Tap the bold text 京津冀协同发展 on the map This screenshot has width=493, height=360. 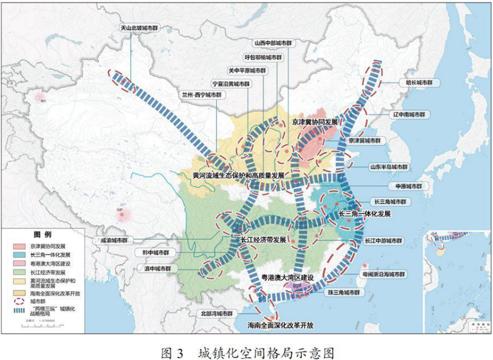(315, 121)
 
